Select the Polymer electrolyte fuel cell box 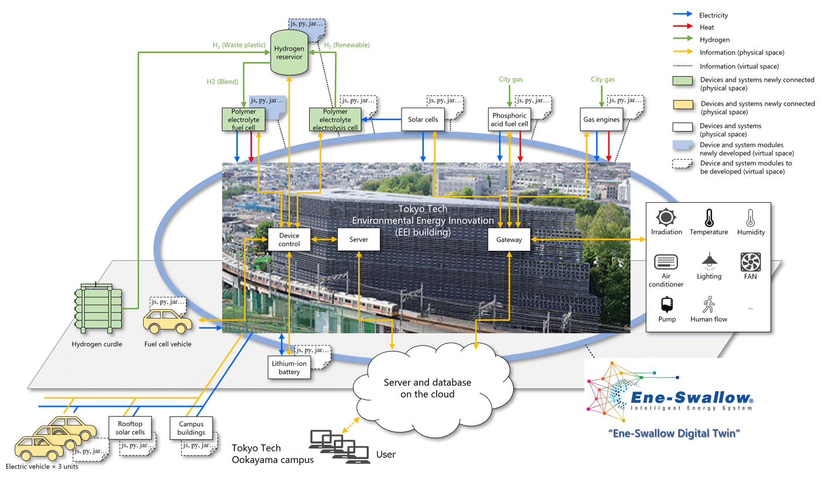click(244, 119)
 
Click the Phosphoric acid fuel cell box click(509, 119)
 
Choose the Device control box click(289, 240)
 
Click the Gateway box click(509, 239)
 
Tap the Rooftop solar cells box click(130, 428)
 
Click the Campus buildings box click(190, 428)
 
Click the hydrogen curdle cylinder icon click(97, 309)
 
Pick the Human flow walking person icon click(709, 305)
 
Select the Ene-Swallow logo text click(690, 399)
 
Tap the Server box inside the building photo click(358, 240)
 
